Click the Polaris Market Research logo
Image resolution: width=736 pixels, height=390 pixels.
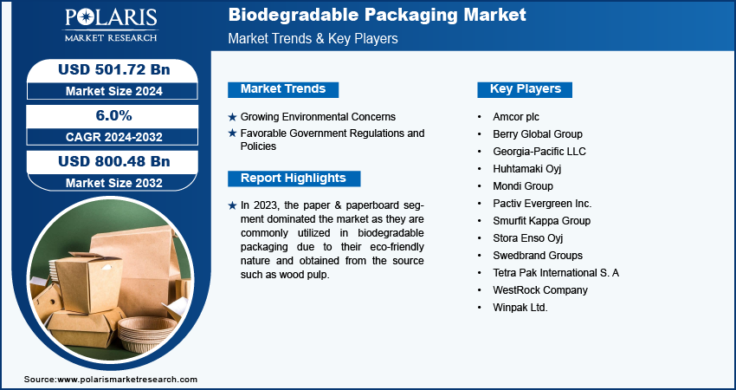[111, 24]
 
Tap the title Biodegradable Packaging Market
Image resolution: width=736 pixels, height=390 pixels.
[377, 15]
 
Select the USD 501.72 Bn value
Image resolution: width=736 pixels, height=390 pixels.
[113, 69]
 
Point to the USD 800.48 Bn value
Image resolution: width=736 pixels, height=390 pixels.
[113, 161]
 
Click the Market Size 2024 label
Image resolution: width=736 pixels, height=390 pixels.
[113, 91]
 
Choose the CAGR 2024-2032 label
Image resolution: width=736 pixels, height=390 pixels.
[113, 137]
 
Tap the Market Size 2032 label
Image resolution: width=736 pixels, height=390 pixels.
[113, 183]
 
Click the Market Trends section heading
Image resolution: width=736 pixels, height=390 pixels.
[283, 88]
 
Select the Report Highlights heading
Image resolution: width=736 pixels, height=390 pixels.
[294, 178]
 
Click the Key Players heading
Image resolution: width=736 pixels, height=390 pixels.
[525, 88]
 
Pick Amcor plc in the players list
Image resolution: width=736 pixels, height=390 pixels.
[516, 117]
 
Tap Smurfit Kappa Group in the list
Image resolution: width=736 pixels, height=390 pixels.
[542, 221]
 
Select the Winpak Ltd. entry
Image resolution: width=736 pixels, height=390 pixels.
[520, 308]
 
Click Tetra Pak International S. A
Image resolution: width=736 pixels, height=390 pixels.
[556, 273]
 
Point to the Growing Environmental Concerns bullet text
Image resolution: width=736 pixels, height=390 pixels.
[318, 117]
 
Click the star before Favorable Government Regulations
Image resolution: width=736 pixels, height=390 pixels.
[232, 133]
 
